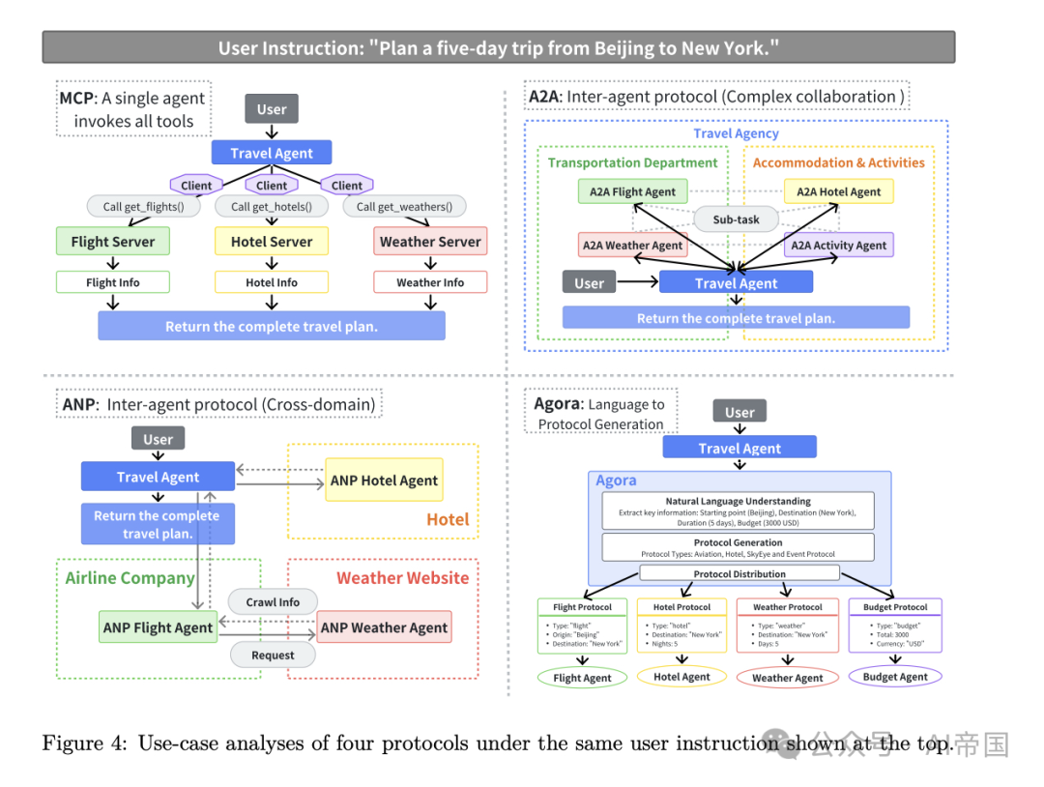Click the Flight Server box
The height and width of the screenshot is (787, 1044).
pos(113,242)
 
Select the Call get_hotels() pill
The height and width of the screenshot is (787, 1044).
pos(272,206)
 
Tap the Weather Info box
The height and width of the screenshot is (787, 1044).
pos(430,282)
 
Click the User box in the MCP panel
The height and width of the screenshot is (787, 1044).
pos(272,109)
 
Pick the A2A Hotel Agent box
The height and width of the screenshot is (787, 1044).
pos(838,191)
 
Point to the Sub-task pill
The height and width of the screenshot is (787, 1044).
pos(736,219)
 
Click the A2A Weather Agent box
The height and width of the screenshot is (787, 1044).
pos(632,246)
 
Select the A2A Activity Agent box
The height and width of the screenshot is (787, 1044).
pos(838,246)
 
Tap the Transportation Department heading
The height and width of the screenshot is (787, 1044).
pos(632,162)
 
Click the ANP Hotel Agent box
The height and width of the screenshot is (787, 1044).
pos(384,481)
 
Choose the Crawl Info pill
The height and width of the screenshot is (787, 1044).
pos(273,601)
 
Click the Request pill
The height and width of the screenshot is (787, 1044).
pos(273,655)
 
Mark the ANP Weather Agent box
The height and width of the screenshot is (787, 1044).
pos(384,627)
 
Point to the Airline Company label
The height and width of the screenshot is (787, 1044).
pos(130,578)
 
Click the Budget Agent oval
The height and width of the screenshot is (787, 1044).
pos(895,677)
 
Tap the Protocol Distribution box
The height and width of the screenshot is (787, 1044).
pos(739,573)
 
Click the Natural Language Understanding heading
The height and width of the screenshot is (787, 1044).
pos(739,502)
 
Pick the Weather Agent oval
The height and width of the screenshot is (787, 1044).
pos(788,678)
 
